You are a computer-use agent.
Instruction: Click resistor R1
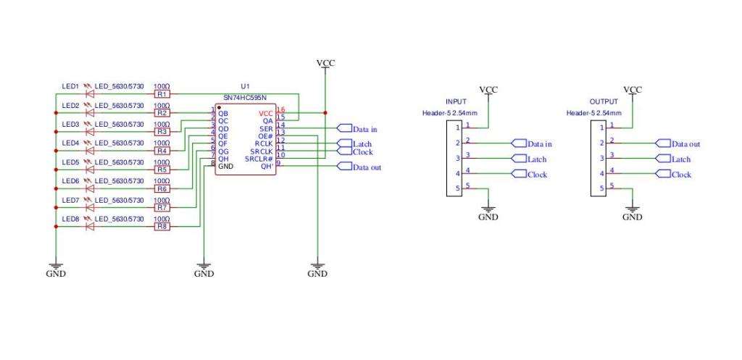point(162,94)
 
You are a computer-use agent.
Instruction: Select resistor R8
point(162,227)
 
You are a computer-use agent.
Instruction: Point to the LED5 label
point(70,162)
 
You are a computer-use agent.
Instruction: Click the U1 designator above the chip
point(244,86)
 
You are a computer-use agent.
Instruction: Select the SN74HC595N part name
point(244,97)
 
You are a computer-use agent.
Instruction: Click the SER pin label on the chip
point(265,128)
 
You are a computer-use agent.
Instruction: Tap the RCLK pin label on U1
point(264,143)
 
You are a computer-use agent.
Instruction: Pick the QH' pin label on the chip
point(266,167)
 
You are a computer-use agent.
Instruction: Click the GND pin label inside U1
point(226,167)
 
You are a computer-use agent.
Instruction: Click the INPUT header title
point(457,102)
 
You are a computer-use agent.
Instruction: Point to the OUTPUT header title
point(604,102)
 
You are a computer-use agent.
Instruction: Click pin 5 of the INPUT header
point(458,189)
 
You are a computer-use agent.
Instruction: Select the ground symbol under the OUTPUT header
point(633,212)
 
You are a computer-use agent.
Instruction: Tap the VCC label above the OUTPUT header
point(633,90)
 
